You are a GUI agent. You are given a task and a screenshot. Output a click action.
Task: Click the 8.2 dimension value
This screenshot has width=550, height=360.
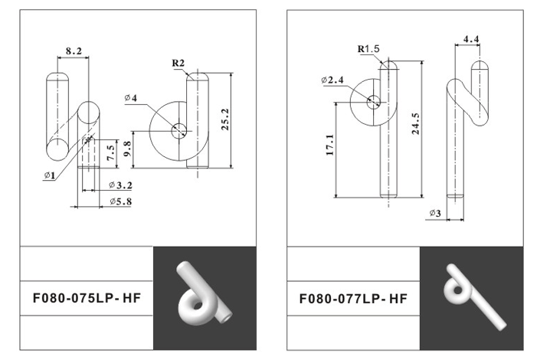tap(74, 51)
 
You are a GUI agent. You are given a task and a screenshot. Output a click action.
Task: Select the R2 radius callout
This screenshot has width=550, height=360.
tap(178, 63)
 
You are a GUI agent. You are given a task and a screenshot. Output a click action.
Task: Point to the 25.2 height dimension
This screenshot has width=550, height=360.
tap(225, 119)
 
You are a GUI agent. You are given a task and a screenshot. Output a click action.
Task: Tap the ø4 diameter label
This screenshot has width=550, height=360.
tap(130, 98)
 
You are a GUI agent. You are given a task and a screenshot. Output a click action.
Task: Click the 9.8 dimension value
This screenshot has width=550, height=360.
tap(127, 149)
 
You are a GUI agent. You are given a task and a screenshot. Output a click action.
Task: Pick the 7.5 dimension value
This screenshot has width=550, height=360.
tap(110, 153)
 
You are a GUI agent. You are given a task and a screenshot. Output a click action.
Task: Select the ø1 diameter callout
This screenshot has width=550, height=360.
tap(50, 175)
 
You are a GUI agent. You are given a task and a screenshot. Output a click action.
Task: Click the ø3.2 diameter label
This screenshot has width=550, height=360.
tap(120, 185)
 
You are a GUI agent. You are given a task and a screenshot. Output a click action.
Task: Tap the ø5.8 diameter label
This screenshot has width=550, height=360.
tap(120, 201)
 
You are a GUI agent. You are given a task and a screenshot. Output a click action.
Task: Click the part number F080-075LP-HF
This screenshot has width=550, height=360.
tap(87, 298)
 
